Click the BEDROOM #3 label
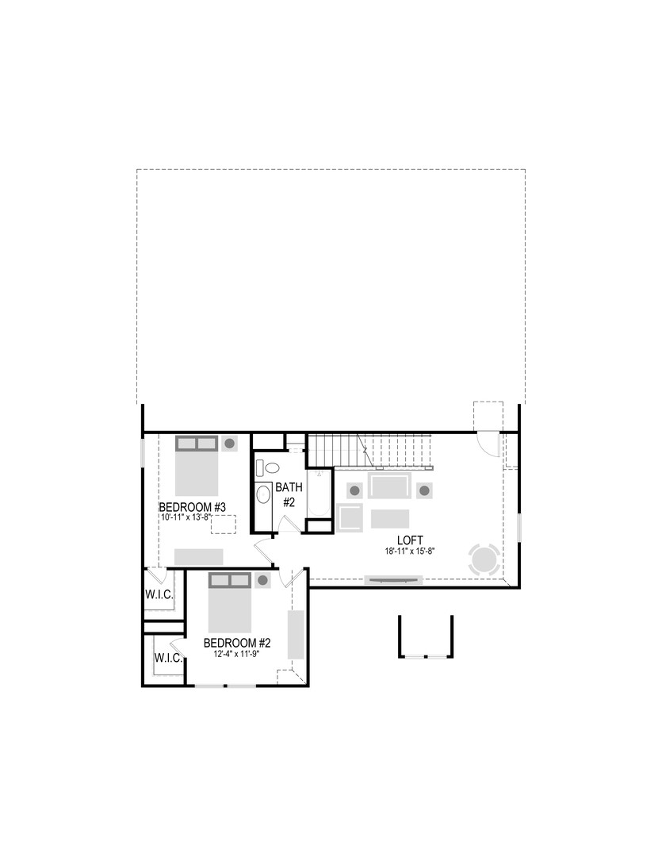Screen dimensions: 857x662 (193, 507)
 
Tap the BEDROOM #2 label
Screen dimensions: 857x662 (237, 643)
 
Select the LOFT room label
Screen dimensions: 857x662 (410, 539)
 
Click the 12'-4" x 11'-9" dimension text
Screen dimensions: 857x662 (237, 655)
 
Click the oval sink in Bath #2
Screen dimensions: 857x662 (263, 495)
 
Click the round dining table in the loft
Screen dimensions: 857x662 (484, 559)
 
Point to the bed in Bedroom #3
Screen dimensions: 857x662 (196, 464)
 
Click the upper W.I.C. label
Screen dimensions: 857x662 (159, 594)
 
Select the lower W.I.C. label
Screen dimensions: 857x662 (168, 659)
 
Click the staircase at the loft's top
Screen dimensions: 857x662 (369, 450)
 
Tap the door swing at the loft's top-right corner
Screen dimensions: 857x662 (486, 442)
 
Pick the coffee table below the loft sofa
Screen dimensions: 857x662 (389, 518)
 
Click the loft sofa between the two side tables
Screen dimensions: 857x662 (388, 486)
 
